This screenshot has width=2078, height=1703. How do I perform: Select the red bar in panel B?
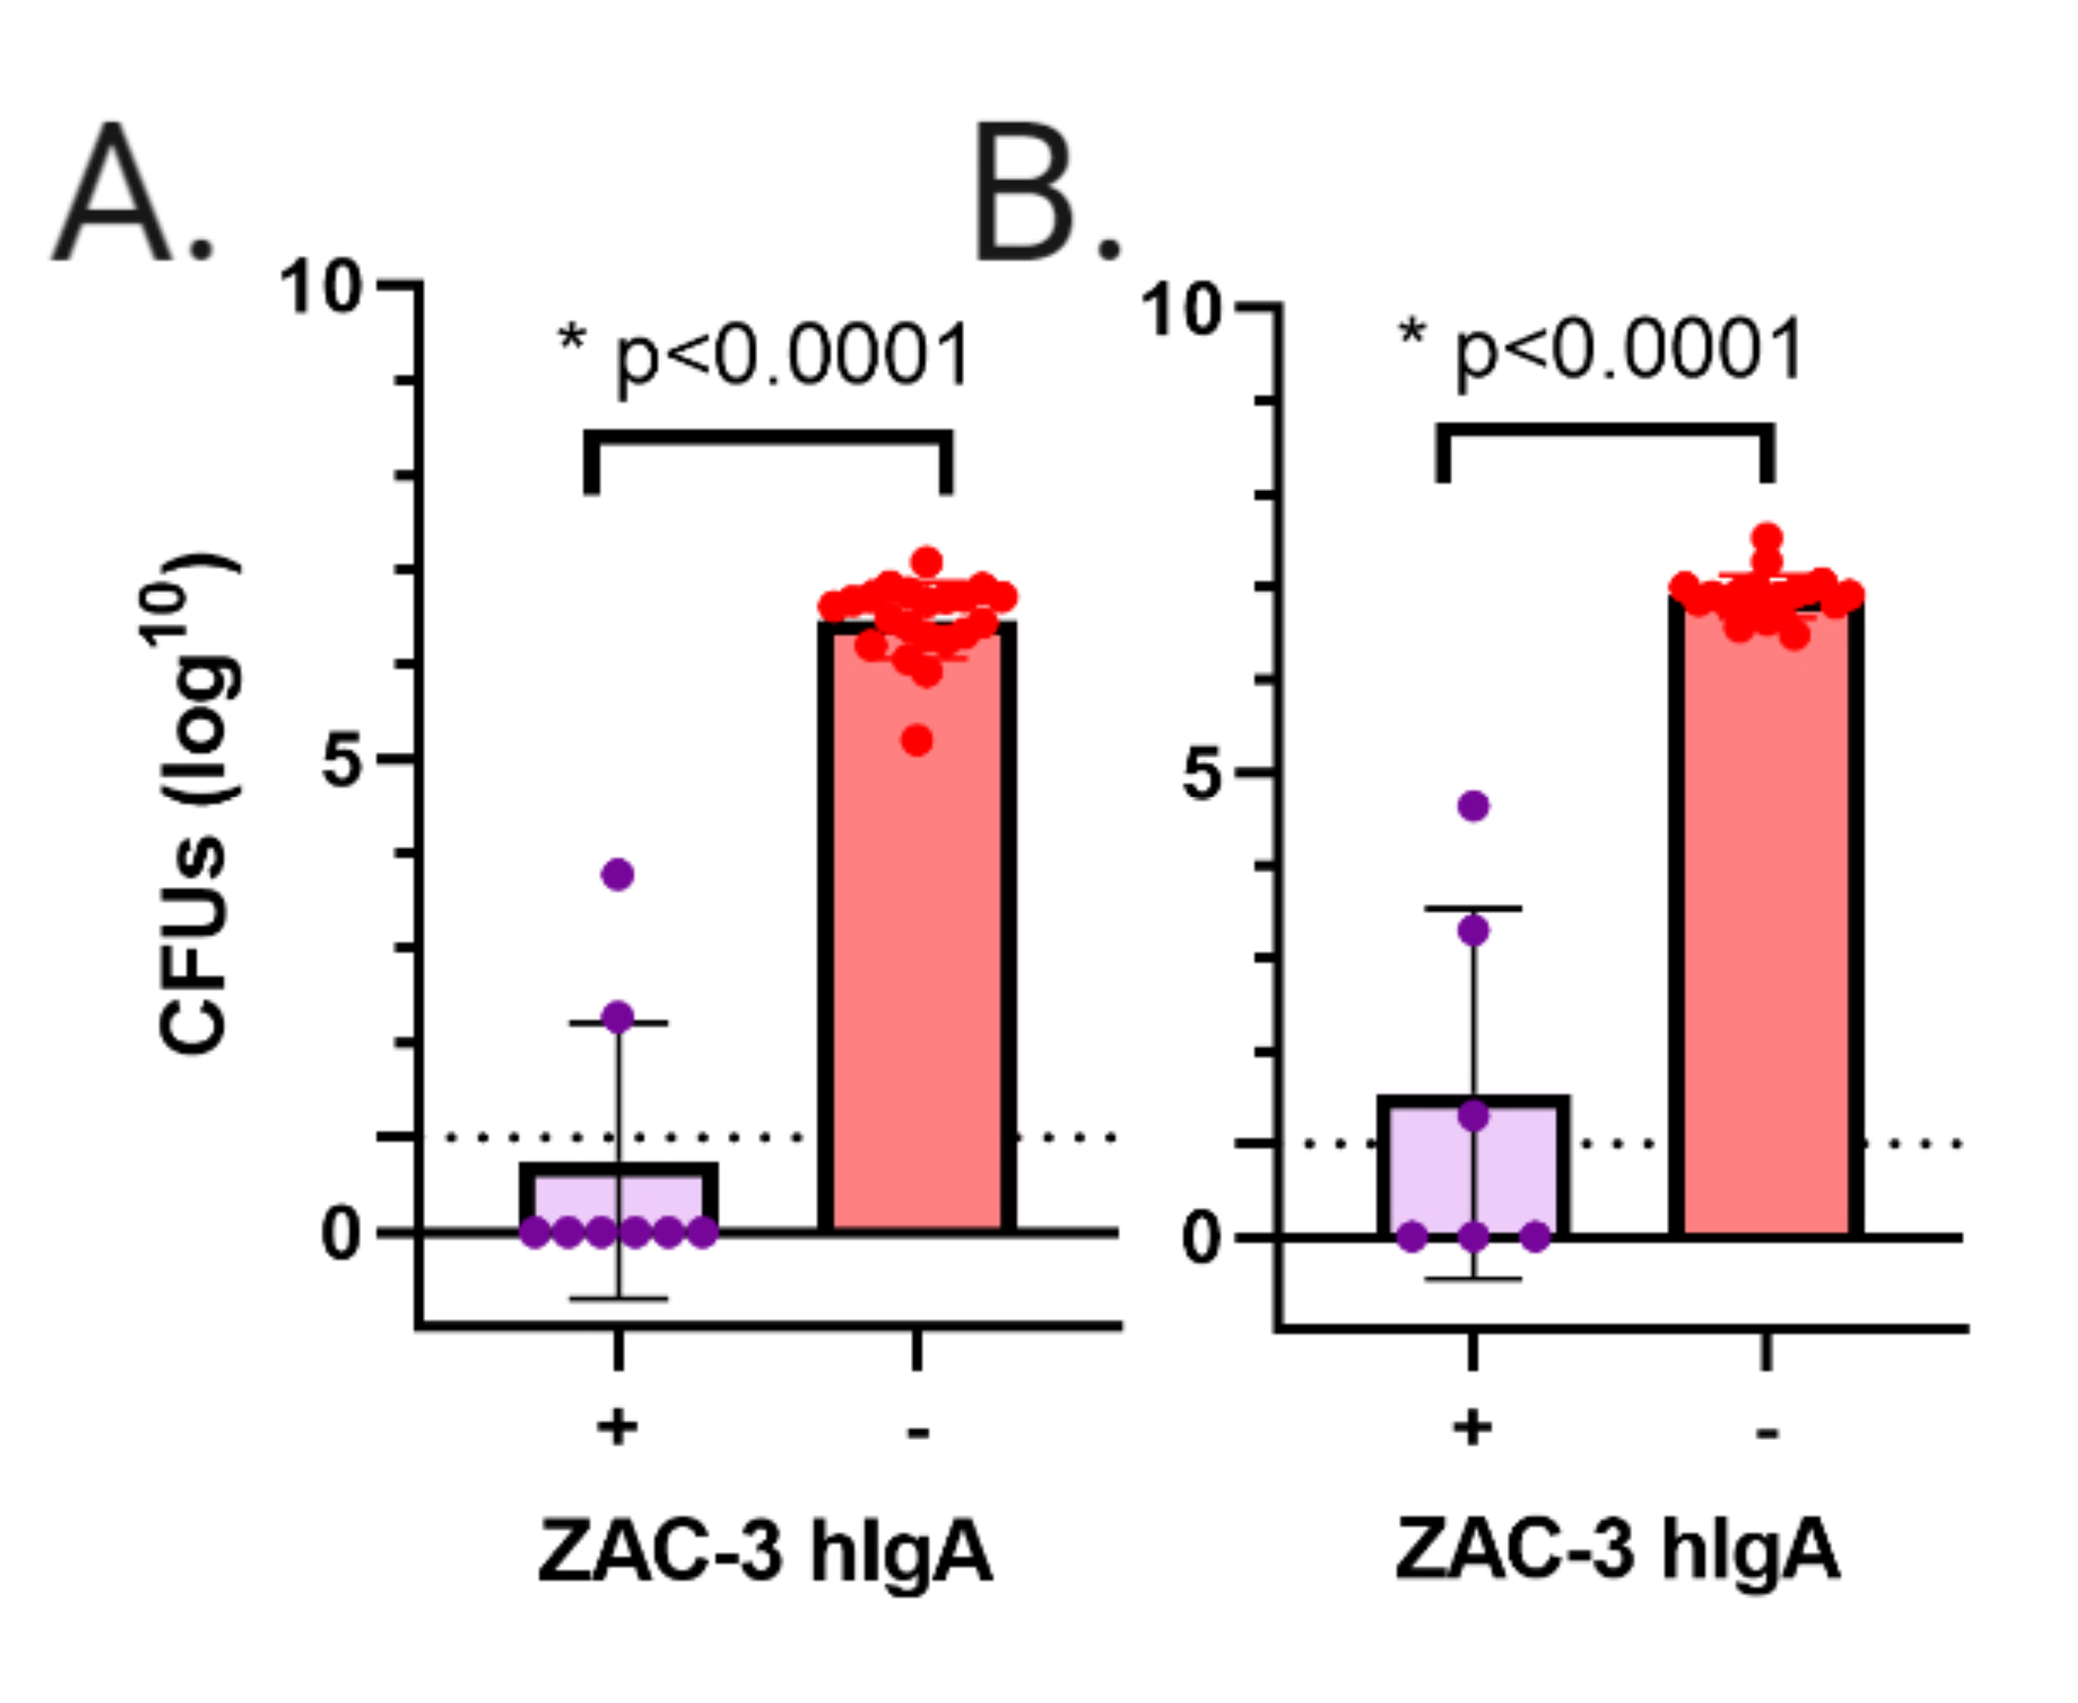tap(1766, 932)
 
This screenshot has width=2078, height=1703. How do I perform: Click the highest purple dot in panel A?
tap(618, 874)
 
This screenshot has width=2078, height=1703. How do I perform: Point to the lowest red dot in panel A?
tap(918, 741)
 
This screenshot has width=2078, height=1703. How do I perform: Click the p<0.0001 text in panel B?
tap(1629, 350)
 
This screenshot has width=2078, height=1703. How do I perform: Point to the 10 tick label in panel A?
tap(320, 289)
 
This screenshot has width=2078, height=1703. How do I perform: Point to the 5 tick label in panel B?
tap(1206, 776)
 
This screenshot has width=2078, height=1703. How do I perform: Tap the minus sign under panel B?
tap(1767, 1433)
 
